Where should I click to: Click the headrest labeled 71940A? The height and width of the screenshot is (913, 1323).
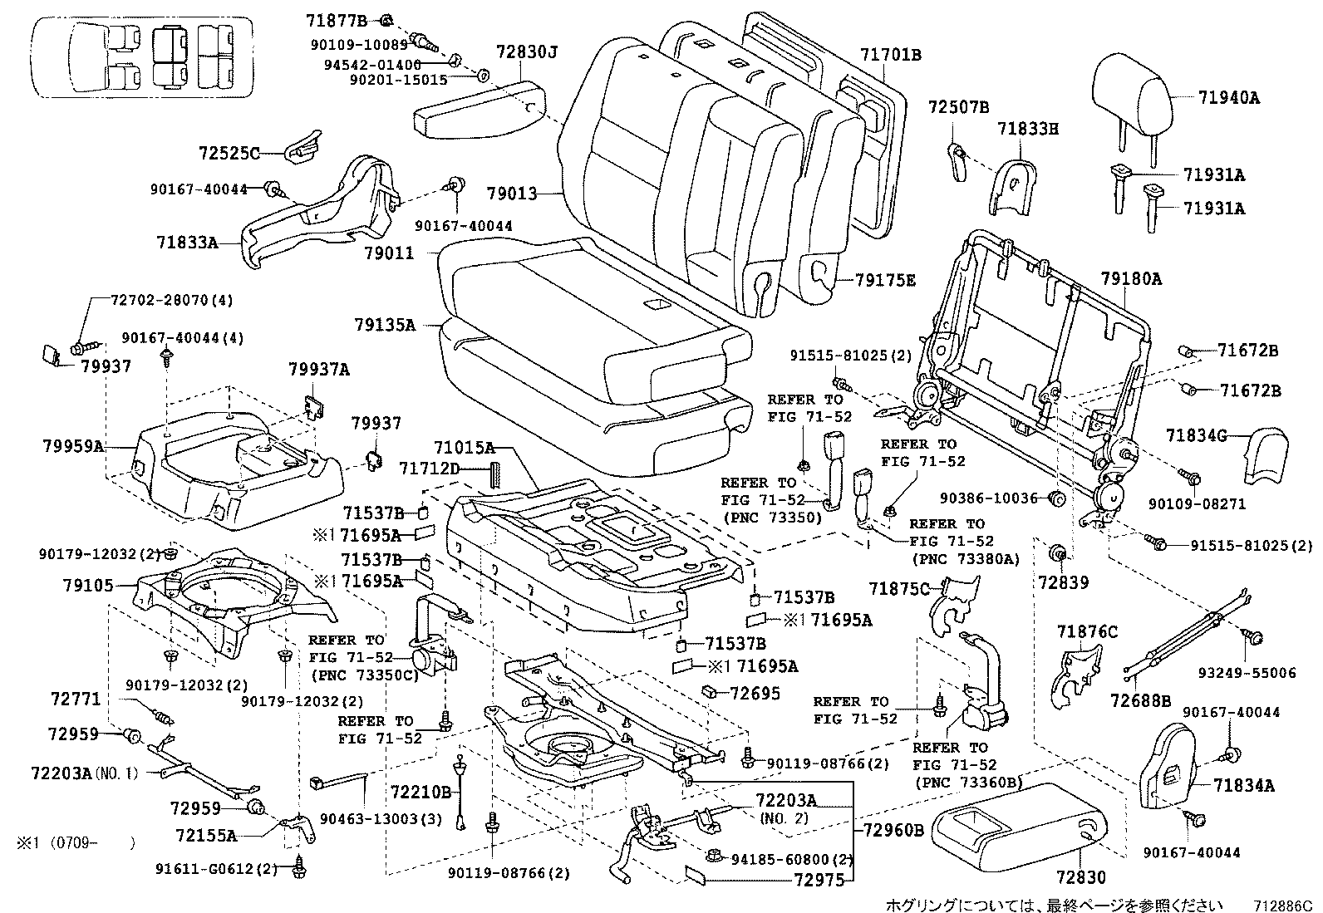pos(1131,97)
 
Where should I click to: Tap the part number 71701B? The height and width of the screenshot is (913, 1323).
pos(891,55)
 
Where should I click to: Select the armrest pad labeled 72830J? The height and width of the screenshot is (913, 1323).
pos(480,110)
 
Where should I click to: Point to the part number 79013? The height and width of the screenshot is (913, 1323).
pos(512,194)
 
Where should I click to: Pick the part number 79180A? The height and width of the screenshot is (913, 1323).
pos(1131,279)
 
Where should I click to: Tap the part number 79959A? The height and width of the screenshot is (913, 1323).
pos(73,446)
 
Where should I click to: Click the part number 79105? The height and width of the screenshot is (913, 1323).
pos(88,585)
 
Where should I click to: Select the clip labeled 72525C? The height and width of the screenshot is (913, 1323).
pos(303,147)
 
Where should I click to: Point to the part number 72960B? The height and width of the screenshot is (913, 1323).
pos(893,830)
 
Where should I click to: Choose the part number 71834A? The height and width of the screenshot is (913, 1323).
pos(1244,785)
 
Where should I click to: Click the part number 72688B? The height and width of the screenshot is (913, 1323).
pos(1140,701)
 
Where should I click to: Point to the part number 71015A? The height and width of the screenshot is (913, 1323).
pos(465,449)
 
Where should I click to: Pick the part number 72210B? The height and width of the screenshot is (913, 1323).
pos(421,792)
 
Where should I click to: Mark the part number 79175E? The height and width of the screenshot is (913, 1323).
pos(885,280)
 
